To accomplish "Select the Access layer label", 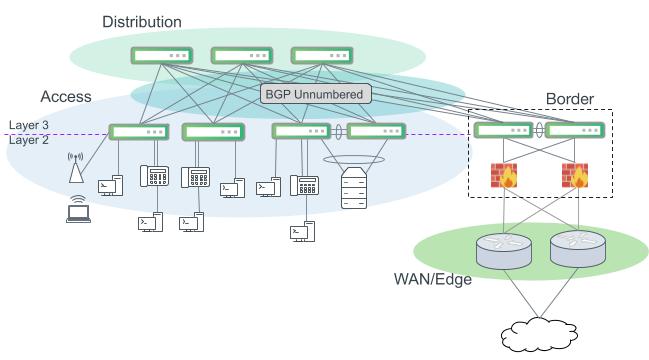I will [66, 97].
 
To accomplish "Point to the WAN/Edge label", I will [433, 280].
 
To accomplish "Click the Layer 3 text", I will [30, 125].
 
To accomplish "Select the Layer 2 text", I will [30, 140].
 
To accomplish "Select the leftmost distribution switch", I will [159, 56].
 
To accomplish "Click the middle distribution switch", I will [240, 56].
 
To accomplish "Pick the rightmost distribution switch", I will [320, 56].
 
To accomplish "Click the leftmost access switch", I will [138, 132].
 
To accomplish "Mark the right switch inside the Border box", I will [575, 131].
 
